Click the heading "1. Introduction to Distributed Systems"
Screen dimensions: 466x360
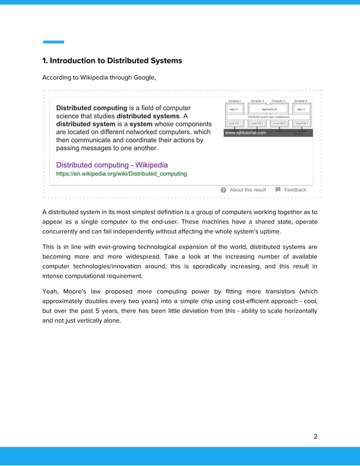tap(112, 60)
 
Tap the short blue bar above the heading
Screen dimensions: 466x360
tap(54, 42)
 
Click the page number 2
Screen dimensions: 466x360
tap(315, 436)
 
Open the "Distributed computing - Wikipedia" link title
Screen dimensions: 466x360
tap(112, 165)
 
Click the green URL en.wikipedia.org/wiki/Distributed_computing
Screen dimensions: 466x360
tap(121, 174)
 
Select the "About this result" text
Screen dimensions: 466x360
tap(248, 190)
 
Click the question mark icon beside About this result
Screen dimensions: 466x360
tap(223, 190)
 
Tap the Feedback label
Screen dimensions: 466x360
tap(295, 190)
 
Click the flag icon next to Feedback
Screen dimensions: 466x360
tap(278, 190)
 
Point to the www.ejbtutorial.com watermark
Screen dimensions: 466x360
tap(245, 133)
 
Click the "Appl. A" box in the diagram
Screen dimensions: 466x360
tap(234, 109)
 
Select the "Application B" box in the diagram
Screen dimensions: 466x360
tap(268, 109)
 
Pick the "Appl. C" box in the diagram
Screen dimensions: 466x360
tap(300, 109)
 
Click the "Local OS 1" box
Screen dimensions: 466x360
tap(234, 123)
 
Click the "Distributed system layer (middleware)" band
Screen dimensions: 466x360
tap(268, 117)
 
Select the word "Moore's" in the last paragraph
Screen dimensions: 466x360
tap(73, 291)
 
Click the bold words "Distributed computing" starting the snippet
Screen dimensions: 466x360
tap(91, 108)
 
